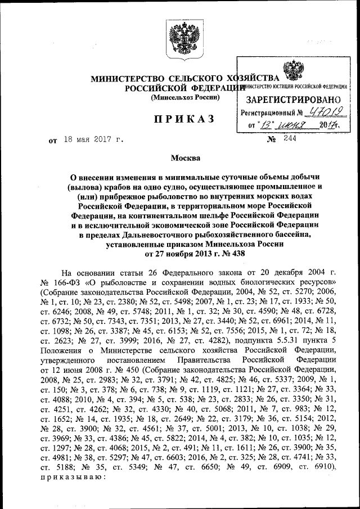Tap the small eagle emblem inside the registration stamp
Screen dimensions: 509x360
tap(292, 73)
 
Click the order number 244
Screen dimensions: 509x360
tap(290, 138)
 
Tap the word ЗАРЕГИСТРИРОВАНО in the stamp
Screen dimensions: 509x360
tap(291, 99)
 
